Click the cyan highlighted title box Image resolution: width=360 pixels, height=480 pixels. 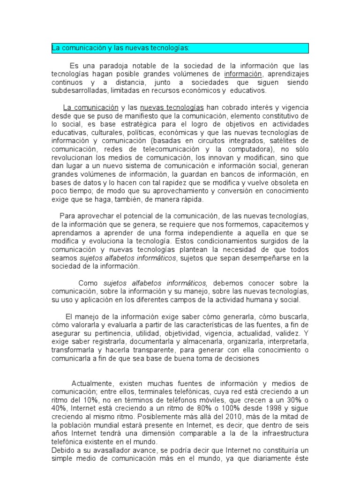(180, 48)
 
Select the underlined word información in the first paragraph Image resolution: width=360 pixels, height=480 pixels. (243, 74)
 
